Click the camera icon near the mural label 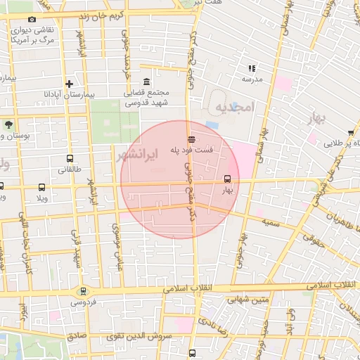[x=32, y=20]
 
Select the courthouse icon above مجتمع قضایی [x=146, y=82]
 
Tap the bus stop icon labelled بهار [x=226, y=179]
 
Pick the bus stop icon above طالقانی [x=69, y=159]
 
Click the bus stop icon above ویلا [x=41, y=187]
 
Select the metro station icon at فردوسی [x=84, y=291]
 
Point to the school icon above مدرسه [x=251, y=69]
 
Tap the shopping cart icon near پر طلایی [x=350, y=131]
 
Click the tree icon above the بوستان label [x=8, y=124]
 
